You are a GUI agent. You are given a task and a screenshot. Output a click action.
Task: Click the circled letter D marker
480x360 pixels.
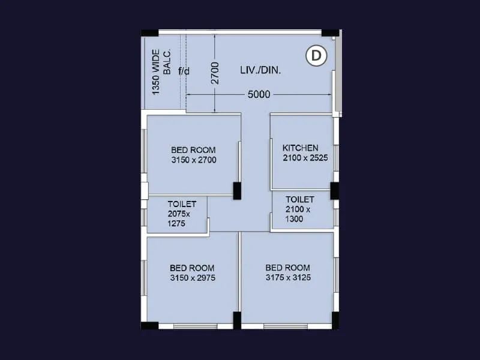click(316, 56)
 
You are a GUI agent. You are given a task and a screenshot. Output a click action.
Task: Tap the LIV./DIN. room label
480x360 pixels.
click(260, 70)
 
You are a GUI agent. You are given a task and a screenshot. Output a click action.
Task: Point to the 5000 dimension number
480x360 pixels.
click(259, 94)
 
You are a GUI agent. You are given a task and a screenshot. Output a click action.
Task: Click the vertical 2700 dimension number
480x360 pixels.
click(215, 73)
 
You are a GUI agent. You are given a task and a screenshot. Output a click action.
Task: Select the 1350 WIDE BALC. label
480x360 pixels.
click(161, 72)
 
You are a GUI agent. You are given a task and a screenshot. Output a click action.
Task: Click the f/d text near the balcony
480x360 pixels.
click(184, 71)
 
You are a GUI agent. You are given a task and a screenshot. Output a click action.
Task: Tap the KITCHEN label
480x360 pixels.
click(300, 148)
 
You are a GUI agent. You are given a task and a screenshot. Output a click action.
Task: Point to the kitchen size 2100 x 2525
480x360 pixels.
click(305, 158)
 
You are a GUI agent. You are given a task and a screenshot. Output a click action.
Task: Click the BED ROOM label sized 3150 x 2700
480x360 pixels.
click(193, 150)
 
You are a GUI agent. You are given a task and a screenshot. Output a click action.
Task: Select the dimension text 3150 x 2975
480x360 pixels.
click(193, 278)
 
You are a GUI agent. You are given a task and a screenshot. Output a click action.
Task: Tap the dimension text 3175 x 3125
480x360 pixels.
click(288, 278)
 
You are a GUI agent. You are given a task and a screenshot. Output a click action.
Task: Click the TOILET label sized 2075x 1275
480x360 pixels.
click(182, 204)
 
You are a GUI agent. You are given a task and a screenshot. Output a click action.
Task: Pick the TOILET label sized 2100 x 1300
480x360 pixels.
click(300, 199)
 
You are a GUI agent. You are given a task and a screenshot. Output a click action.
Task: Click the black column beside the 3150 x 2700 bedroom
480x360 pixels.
click(237, 190)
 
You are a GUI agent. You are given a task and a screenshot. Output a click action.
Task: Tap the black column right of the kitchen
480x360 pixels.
click(334, 191)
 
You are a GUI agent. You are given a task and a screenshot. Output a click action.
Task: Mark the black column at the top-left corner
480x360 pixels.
click(149, 33)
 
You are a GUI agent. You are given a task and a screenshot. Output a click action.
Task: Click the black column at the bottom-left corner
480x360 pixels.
click(149, 325)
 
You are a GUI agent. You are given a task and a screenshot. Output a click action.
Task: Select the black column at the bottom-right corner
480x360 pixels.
click(335, 320)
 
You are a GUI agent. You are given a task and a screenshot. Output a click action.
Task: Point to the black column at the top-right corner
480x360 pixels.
click(330, 33)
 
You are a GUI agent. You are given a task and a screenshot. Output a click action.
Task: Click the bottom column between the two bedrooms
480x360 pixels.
click(237, 320)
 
